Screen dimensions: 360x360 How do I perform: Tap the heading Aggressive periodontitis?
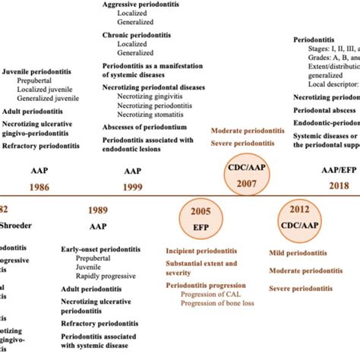tap(143, 5)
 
